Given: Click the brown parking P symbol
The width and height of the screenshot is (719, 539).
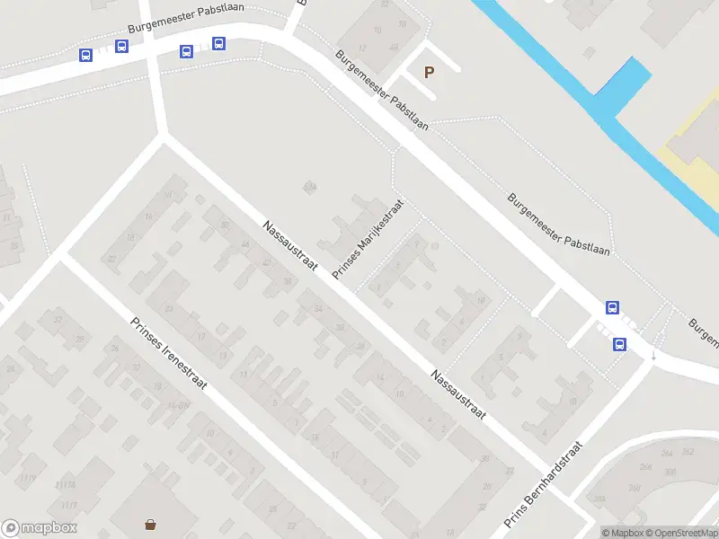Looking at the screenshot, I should [429, 72].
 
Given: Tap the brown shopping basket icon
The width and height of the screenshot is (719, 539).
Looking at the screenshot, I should [150, 524].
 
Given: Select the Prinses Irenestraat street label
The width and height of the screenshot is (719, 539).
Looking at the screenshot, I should [168, 355].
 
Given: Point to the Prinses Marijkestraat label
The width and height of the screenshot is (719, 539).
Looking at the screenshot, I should [368, 239].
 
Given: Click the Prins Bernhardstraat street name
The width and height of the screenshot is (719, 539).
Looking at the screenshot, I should [544, 485].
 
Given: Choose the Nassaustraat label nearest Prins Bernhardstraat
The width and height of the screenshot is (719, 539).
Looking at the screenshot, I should [457, 395].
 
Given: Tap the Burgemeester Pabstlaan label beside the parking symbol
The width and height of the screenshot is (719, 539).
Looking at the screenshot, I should [382, 90].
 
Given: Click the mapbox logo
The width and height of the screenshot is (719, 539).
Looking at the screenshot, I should [40, 528].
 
